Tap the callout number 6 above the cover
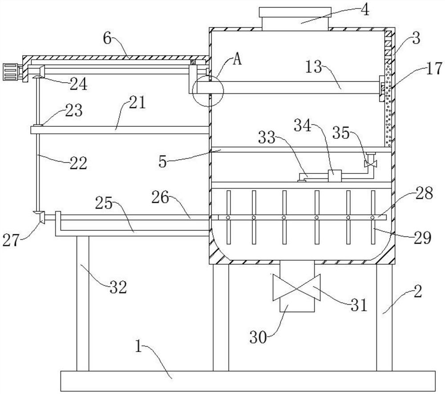point(107,38)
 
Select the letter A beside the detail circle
point(237,59)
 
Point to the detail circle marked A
point(208,91)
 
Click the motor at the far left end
point(12,72)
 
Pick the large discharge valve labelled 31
point(296,287)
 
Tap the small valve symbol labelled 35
point(370,164)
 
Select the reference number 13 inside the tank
point(314,68)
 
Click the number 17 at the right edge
point(434,68)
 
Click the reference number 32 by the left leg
point(118,288)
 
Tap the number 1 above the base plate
point(138,346)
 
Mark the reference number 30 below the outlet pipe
point(258,338)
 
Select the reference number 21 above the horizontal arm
point(138,103)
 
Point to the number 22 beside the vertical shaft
point(78,163)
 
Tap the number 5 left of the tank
point(162,162)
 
